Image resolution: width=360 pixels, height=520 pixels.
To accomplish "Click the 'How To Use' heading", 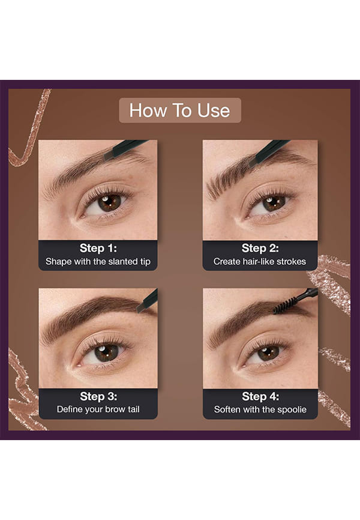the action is [179, 110].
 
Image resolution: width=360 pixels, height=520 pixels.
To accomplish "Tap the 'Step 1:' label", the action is [98, 248].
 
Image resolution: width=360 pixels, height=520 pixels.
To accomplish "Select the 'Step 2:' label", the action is [260, 248].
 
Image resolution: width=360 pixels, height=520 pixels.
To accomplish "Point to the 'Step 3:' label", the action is [98, 396].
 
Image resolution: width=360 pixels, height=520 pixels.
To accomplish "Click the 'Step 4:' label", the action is [260, 396].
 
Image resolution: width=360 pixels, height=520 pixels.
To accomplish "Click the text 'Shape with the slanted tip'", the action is [98, 262].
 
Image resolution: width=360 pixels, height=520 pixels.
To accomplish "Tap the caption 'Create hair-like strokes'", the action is [260, 262].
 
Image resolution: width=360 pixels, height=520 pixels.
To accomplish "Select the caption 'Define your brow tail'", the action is [98, 410].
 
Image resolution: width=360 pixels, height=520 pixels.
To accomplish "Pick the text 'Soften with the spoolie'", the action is [260, 410].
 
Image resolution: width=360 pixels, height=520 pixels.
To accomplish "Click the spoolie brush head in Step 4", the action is [285, 305].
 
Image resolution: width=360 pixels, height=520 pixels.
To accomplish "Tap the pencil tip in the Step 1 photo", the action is [109, 154].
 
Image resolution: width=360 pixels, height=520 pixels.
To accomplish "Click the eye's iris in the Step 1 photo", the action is [109, 203].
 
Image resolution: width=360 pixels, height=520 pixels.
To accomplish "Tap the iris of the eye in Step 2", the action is [274, 204].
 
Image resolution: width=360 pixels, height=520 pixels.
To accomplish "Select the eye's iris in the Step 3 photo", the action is [106, 353].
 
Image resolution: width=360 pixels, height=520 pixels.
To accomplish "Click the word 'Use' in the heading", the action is [214, 110].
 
